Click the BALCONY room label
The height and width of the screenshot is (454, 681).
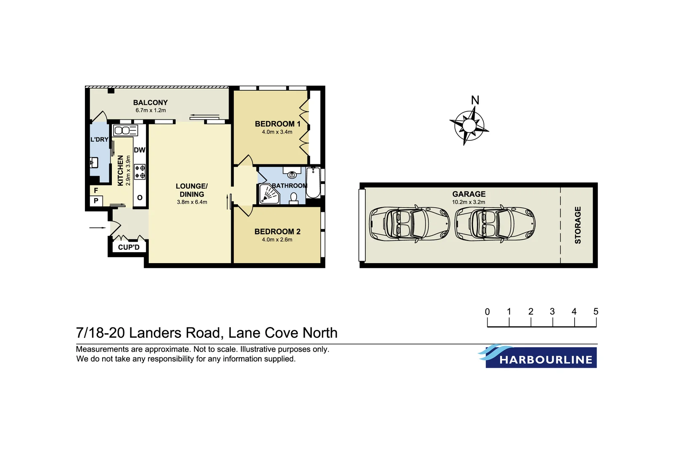tap(150, 103)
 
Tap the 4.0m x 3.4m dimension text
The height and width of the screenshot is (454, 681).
tap(277, 132)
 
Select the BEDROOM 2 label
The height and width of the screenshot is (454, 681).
tap(277, 232)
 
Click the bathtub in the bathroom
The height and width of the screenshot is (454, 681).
tap(313, 183)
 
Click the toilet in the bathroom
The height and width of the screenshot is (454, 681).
tap(294, 198)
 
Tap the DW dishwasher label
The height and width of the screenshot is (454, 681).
tap(140, 150)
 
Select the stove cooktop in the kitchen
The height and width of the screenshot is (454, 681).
tap(140, 172)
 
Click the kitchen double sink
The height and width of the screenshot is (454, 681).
tap(125, 130)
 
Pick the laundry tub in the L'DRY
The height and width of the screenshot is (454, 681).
tap(94, 162)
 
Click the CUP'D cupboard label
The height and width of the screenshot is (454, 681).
tap(129, 247)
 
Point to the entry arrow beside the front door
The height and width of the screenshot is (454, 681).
tap(98, 228)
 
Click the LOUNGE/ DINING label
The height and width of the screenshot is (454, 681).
tap(192, 190)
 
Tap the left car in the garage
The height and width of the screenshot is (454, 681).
tap(409, 224)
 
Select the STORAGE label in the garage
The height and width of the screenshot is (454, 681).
tap(578, 225)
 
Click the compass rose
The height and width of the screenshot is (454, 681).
tap(469, 125)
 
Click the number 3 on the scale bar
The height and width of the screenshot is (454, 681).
tap(552, 311)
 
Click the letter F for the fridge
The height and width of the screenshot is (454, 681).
tap(96, 190)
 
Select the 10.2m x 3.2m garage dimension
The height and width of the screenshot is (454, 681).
tap(468, 202)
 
